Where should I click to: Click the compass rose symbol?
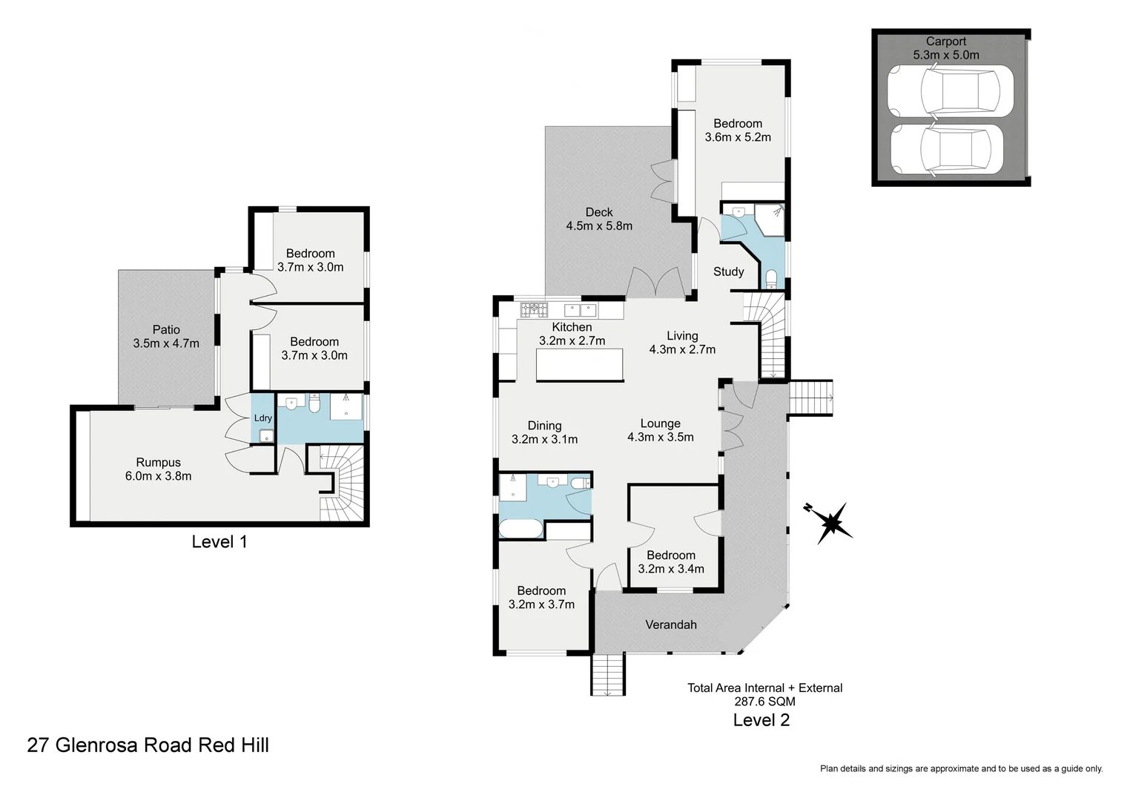click(832, 521)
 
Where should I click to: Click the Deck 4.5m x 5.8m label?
click(599, 219)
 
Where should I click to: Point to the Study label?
click(728, 271)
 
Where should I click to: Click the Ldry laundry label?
click(263, 418)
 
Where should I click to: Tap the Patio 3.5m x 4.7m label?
click(166, 336)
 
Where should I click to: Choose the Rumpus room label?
click(158, 469)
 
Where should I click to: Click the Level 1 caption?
click(219, 541)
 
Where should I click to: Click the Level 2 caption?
click(761, 719)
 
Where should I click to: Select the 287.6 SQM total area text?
click(764, 701)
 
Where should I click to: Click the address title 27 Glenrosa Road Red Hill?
click(148, 745)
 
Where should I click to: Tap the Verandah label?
click(671, 624)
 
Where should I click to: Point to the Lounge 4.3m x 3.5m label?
click(660, 430)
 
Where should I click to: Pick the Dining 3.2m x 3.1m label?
click(544, 432)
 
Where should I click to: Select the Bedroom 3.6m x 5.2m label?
click(738, 130)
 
